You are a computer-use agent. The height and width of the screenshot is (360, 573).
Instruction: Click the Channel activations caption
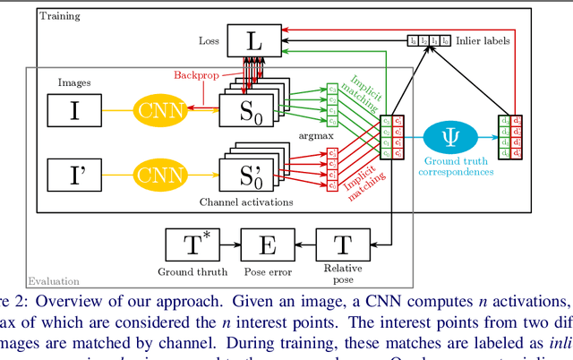click(x=255, y=202)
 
